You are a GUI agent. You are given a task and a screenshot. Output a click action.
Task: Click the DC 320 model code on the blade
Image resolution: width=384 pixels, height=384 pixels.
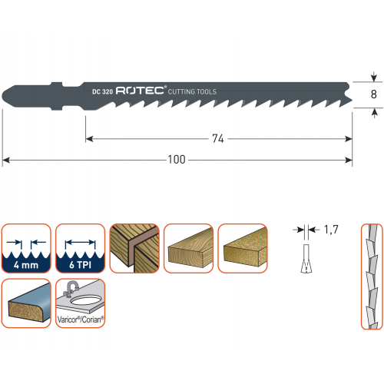coord(102,91)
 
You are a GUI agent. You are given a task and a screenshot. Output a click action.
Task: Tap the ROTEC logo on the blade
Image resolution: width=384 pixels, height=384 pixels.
coord(140,91)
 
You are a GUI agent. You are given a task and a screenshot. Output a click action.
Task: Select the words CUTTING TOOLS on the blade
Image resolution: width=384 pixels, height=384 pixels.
coord(192,91)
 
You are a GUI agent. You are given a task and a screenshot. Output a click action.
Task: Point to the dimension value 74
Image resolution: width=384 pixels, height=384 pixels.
coord(218,139)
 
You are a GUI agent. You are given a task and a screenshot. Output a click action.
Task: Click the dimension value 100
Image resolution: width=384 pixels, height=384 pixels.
coord(177,160)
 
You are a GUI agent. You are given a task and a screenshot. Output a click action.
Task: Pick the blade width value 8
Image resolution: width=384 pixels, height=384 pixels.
coord(374,94)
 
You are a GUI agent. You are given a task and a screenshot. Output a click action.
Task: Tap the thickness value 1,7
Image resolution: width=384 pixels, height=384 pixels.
coord(331,230)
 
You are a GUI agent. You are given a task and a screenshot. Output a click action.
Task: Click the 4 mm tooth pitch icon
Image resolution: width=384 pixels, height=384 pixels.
coord(26,248)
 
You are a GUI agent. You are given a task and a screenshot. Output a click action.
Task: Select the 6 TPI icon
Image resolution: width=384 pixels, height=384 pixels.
coord(81,248)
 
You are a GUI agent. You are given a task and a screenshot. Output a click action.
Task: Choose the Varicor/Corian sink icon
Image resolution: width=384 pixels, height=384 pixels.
coord(81,303)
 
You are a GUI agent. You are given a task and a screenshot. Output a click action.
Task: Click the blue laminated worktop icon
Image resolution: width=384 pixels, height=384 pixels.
coord(26,303)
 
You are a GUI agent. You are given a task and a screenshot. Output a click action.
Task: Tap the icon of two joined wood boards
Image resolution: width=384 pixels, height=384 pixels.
coord(134,248)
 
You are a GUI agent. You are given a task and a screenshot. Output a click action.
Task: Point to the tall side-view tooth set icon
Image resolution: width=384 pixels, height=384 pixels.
coord(372,276)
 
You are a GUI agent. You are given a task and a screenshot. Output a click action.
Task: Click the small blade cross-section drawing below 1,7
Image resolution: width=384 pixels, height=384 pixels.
coord(306,259)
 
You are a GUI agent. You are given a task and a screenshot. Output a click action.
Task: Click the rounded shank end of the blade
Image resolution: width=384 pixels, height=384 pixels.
coord(5,96)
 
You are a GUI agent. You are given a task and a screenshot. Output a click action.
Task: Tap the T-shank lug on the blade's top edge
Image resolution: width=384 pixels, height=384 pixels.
coord(57,84)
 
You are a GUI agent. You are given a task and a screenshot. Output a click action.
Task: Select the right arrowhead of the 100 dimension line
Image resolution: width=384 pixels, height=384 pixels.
coord(349,161)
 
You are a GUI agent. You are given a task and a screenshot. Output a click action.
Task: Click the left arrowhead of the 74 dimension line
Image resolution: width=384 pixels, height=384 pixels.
coord(89,139)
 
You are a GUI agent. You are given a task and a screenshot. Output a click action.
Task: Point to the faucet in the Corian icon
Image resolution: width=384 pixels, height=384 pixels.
coord(70,289)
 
